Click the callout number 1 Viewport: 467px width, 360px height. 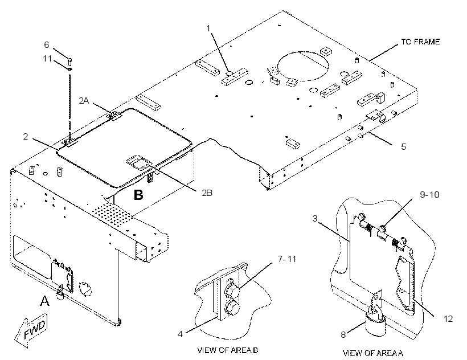click(x=208, y=28)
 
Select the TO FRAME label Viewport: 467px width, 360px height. click(x=420, y=42)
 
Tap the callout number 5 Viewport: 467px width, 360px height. click(x=404, y=146)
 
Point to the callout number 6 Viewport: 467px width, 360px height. click(x=47, y=44)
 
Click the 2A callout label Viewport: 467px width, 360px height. click(x=84, y=101)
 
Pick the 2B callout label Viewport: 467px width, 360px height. click(x=207, y=193)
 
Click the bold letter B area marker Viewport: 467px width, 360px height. click(x=138, y=195)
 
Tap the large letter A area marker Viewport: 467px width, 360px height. click(x=44, y=301)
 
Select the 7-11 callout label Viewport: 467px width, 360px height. click(x=287, y=259)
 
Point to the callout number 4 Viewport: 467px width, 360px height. click(x=180, y=334)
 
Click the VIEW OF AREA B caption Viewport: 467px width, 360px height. click(x=228, y=350)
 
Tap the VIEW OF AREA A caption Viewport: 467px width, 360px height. click(x=373, y=353)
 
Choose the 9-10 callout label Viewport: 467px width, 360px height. click(x=429, y=194)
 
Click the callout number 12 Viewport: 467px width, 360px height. click(x=448, y=319)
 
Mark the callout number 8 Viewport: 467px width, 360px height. click(x=343, y=335)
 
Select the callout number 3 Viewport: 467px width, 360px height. click(x=315, y=219)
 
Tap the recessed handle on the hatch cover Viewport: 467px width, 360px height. click(x=138, y=161)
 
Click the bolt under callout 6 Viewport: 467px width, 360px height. click(x=70, y=62)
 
